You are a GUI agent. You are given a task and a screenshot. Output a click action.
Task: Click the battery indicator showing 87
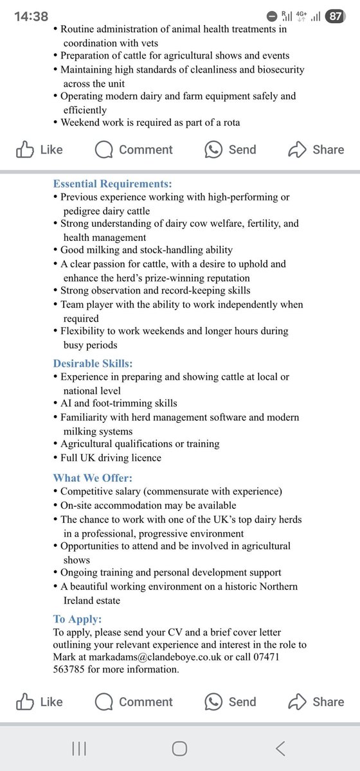336,17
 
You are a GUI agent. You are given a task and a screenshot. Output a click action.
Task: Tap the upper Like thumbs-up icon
25,150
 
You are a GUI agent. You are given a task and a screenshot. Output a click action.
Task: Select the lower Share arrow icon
297,702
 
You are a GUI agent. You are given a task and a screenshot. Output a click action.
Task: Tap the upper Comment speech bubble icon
104,150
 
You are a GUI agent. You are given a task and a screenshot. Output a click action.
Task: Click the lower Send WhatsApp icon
213,702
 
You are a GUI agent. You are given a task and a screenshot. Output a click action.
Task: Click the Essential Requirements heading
112,184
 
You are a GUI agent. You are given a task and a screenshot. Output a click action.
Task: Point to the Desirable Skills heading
93,363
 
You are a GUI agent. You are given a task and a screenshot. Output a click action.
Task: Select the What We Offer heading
93,477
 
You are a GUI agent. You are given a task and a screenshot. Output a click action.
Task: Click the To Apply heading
77,619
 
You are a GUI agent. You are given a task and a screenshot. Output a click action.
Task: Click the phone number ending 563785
73,669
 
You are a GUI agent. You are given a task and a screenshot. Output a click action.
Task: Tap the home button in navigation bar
179,749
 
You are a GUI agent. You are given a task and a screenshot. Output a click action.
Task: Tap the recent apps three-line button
80,749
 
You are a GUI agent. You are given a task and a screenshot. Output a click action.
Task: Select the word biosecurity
274,69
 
